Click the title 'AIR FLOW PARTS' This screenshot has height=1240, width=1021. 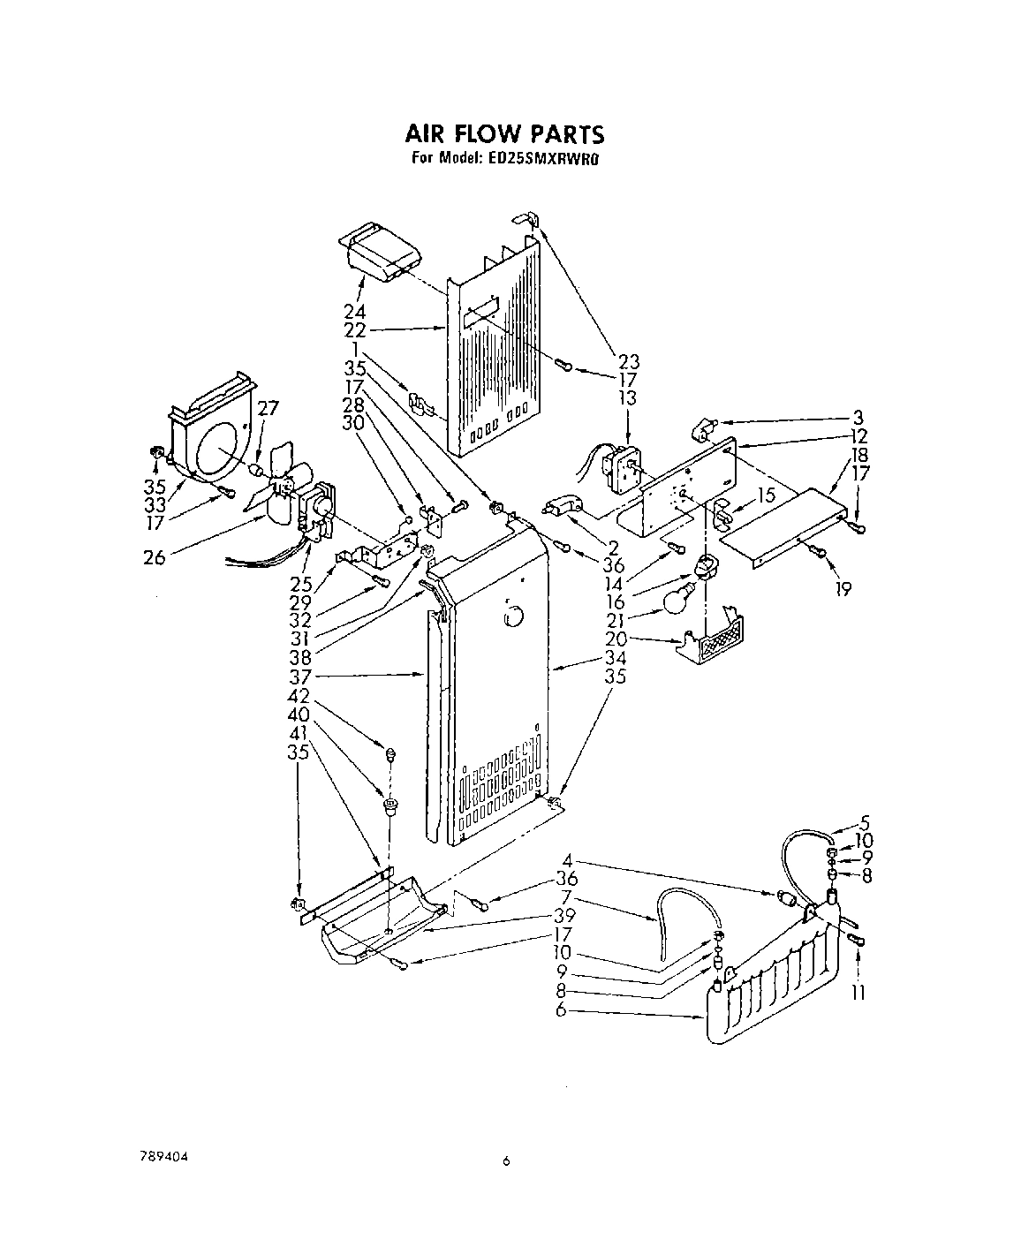tap(504, 134)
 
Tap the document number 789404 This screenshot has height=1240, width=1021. tap(163, 1157)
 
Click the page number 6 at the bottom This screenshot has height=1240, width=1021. tap(506, 1162)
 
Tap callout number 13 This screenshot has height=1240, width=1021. tap(628, 397)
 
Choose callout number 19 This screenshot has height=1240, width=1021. tap(843, 589)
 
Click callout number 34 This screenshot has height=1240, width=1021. tap(616, 657)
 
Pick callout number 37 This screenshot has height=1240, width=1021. tap(303, 677)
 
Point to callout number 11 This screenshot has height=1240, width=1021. tap(856, 993)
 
